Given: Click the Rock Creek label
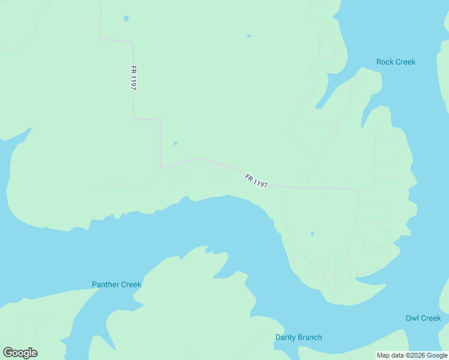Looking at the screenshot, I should pyautogui.click(x=396, y=62).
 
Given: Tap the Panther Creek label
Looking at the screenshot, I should pyautogui.click(x=116, y=284).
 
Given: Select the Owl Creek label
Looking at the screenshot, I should pyautogui.click(x=423, y=318).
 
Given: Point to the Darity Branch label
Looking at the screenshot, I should pyautogui.click(x=298, y=337).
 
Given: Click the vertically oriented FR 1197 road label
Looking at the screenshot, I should pyautogui.click(x=133, y=78).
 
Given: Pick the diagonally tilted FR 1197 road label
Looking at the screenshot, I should pyautogui.click(x=256, y=181).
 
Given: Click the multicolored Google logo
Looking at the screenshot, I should pyautogui.click(x=20, y=353).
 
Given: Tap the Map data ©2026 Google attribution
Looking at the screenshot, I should pyautogui.click(x=412, y=355).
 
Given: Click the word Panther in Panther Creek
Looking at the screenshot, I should pyautogui.click(x=106, y=284).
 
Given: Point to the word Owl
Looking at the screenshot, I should pyautogui.click(x=413, y=318).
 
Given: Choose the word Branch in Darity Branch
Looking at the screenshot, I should pyautogui.click(x=310, y=337).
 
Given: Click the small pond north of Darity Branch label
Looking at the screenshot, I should pyautogui.click(x=312, y=233).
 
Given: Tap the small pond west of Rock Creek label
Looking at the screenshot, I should pyautogui.click(x=249, y=37).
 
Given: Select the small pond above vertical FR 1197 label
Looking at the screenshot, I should pyautogui.click(x=126, y=19).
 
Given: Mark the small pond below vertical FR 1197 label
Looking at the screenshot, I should pyautogui.click(x=175, y=143).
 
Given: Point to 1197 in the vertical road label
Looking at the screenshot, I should pyautogui.click(x=133, y=82).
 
